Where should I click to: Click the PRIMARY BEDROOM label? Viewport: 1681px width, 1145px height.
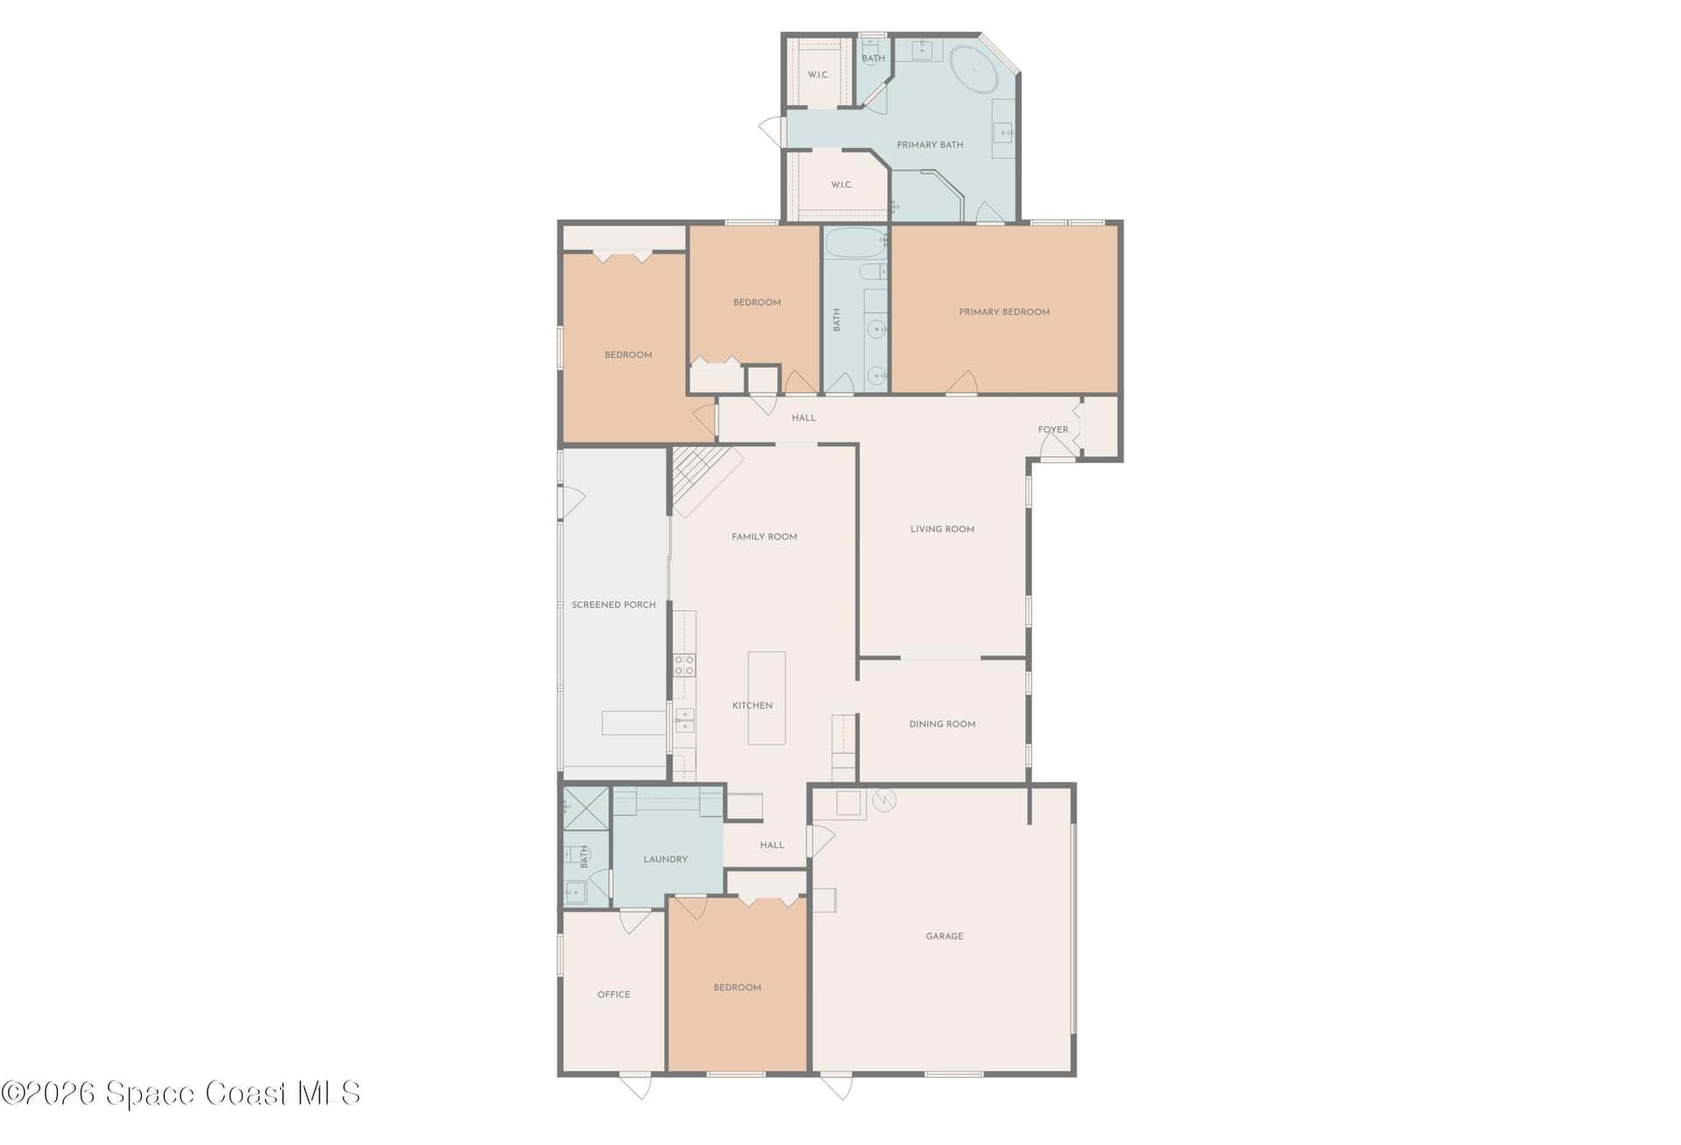(1003, 312)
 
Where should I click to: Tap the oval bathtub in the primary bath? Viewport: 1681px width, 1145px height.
(974, 70)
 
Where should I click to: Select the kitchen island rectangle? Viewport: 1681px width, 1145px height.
(766, 698)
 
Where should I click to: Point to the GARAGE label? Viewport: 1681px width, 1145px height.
(944, 937)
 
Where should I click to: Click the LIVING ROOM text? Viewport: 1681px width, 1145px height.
(942, 529)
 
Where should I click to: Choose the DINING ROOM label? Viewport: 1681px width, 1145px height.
(942, 724)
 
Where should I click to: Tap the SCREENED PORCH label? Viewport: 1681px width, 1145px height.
(613, 605)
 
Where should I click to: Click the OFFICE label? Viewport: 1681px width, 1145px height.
(613, 994)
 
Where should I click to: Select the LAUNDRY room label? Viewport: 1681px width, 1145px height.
(665, 860)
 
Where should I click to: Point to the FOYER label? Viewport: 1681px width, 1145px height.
(1052, 430)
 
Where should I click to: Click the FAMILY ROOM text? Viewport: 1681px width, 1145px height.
(764, 537)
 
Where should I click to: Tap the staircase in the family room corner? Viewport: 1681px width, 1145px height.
(707, 481)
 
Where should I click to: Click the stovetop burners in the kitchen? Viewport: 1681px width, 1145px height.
(684, 665)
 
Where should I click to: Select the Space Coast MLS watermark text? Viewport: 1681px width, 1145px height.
(181, 1093)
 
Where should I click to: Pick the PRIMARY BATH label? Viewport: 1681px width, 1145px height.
(930, 144)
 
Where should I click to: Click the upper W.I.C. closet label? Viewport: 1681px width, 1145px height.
(818, 74)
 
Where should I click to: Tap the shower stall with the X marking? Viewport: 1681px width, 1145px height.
(586, 808)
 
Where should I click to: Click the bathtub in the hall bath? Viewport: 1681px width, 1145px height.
(855, 242)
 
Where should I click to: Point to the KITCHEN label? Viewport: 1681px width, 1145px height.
(752, 706)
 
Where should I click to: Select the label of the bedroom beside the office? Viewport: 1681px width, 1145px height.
(737, 987)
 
